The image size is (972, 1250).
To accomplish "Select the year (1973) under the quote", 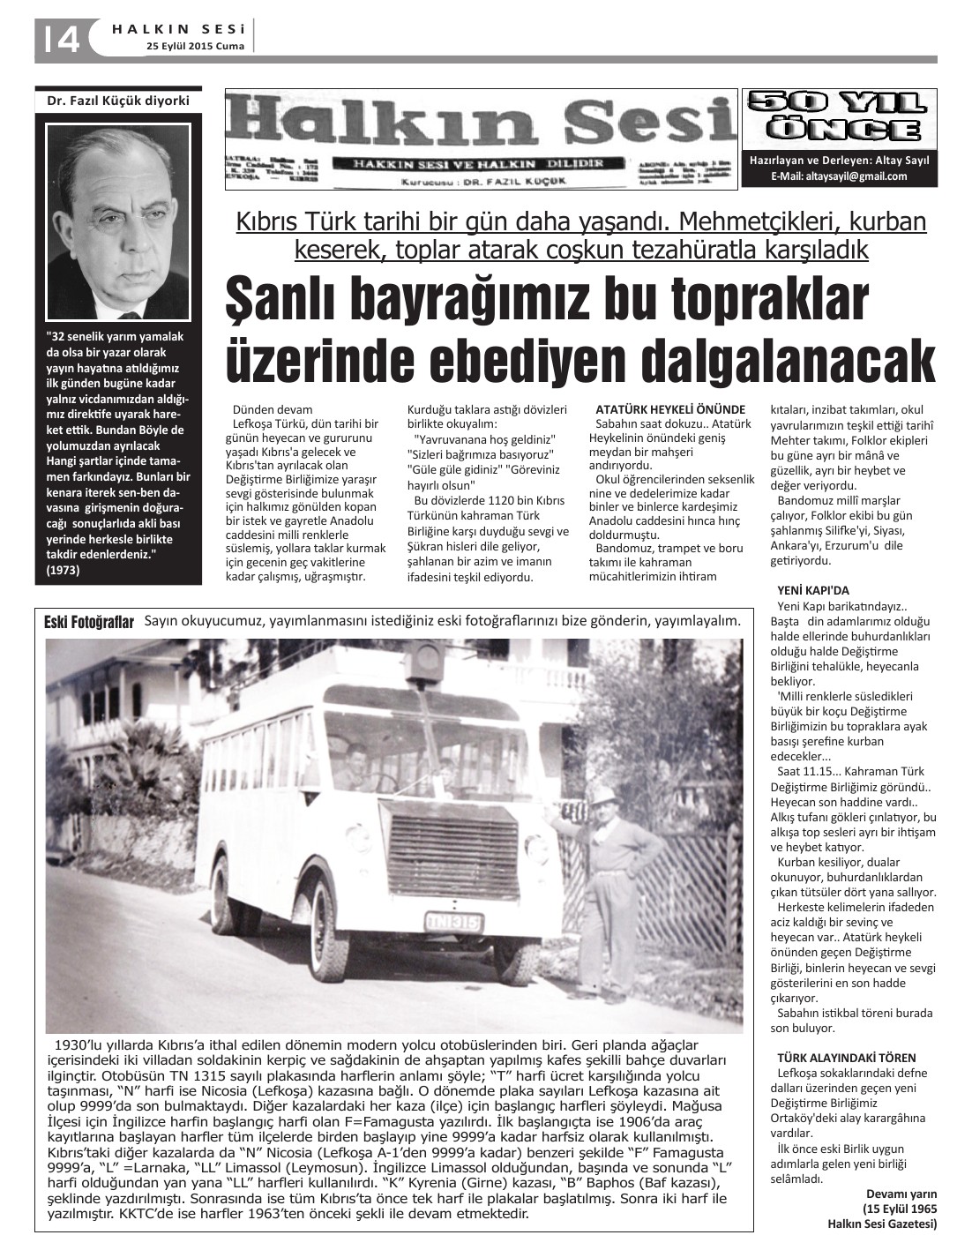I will (63, 570).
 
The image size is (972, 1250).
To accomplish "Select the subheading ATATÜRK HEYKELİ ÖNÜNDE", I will (670, 409).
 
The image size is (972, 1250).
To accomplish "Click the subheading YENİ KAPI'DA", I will (813, 590).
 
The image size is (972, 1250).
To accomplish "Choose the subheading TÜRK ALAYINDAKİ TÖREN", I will (846, 1057).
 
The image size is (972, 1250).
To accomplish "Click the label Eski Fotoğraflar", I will (89, 623).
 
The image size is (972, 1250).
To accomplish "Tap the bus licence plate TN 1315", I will (453, 920).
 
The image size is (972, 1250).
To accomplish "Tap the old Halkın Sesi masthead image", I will (481, 139).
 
